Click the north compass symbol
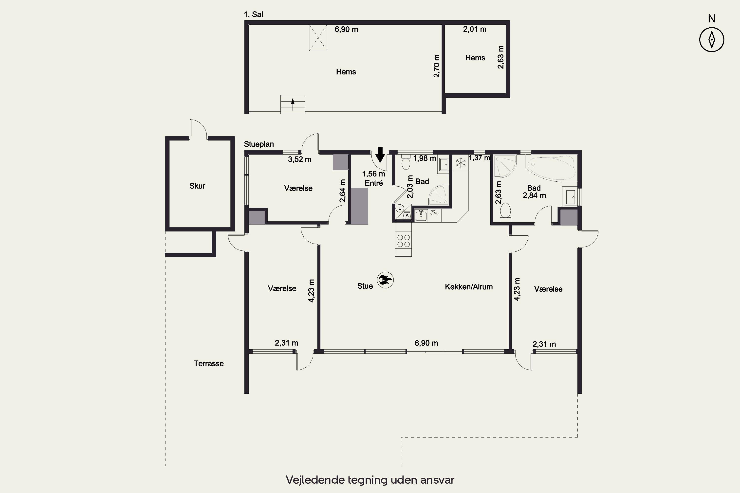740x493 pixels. point(712,40)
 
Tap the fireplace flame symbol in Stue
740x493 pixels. point(385,280)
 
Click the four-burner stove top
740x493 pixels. point(403,241)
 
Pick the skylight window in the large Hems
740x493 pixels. point(318,38)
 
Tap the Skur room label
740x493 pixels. point(197,186)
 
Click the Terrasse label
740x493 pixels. point(209,363)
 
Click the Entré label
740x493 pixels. point(374,183)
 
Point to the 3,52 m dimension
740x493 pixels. point(299,159)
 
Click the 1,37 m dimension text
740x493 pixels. point(480,158)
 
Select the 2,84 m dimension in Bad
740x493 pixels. point(534,195)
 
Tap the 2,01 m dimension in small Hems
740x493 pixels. point(475,29)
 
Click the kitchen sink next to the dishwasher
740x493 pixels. point(421,215)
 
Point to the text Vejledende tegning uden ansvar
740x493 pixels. point(370,480)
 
